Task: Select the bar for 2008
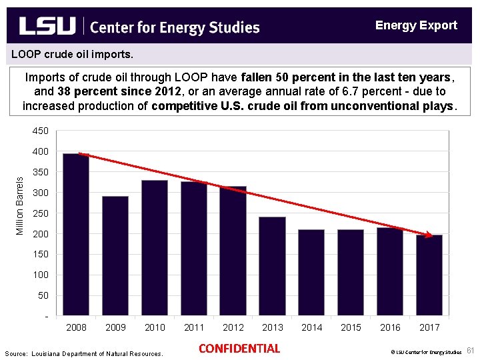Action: point(75,234)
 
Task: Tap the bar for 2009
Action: point(115,255)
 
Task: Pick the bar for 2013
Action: point(272,266)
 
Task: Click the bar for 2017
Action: point(429,275)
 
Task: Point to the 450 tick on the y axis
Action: point(40,131)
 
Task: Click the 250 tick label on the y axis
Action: point(40,213)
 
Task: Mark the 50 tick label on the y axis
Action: point(43,295)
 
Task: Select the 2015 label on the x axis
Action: point(351,327)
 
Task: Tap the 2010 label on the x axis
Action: point(155,327)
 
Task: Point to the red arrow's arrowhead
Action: point(428,235)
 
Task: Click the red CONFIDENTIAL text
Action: point(239,349)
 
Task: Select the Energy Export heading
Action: point(416,25)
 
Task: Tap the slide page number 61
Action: point(469,351)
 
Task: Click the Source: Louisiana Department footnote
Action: point(83,353)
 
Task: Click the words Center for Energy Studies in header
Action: point(174,27)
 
